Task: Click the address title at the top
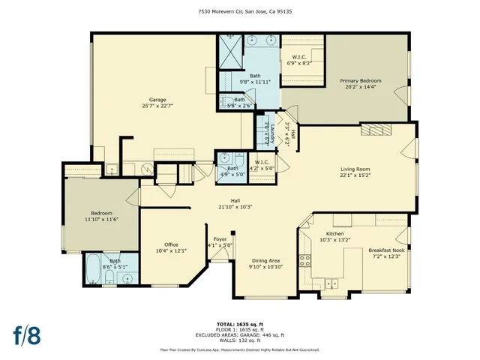[240, 11]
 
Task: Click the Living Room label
[355, 172]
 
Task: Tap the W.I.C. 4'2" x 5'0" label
[262, 165]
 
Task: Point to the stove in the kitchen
[306, 260]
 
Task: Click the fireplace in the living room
[376, 130]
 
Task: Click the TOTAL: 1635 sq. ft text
[240, 324]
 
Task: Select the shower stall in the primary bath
[229, 49]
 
